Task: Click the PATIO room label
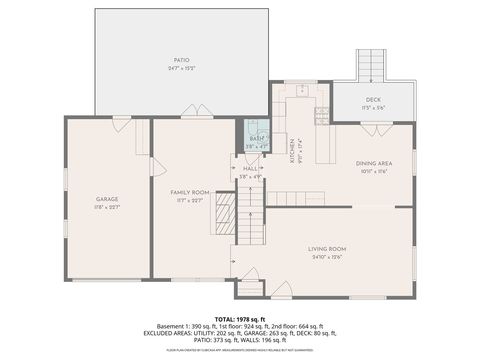pos(181,60)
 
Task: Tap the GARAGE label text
pos(107,199)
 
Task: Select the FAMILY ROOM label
pos(189,191)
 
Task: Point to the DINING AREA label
pos(373,162)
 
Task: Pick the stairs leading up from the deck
pos(372,65)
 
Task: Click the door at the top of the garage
pos(121,122)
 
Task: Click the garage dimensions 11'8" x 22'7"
pos(107,207)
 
